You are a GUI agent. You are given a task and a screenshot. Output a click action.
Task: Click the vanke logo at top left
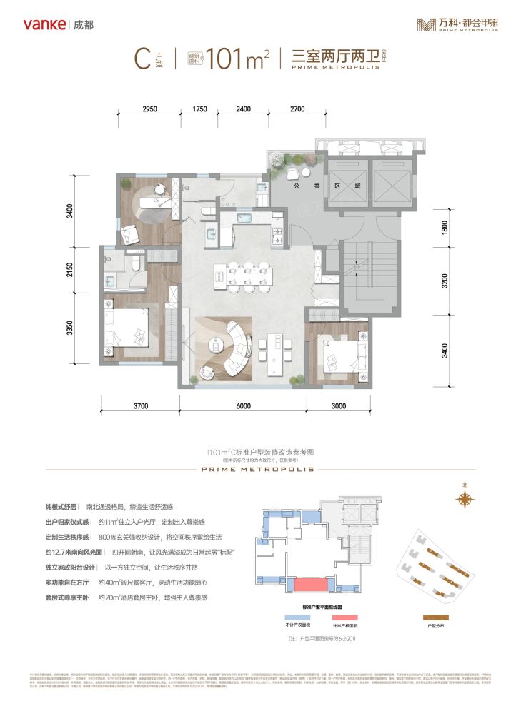(46, 24)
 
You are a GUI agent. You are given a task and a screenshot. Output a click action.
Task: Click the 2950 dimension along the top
(149, 109)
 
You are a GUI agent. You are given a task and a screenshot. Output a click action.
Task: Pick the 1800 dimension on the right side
(445, 228)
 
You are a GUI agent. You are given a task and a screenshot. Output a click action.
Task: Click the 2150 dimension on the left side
(69, 271)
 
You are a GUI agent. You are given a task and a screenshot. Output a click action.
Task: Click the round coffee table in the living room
(215, 346)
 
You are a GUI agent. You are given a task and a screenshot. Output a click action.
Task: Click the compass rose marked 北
(466, 500)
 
